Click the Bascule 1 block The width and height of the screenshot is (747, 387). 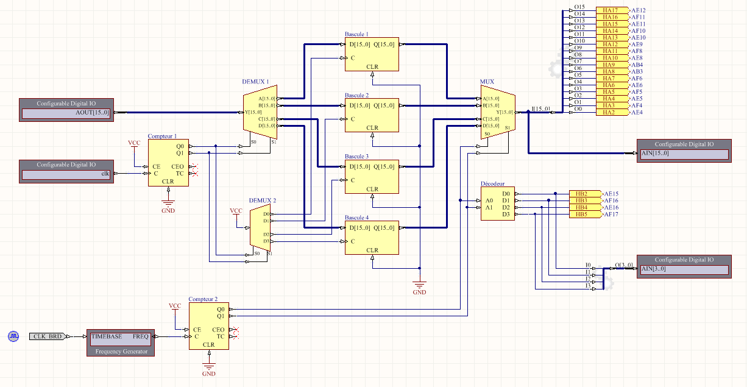(372, 55)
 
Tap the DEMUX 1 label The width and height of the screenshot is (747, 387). (255, 81)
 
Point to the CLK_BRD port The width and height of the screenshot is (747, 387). (47, 336)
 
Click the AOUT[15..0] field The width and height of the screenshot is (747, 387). (67, 113)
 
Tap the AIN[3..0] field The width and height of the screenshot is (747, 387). (684, 269)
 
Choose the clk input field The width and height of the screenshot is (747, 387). (67, 174)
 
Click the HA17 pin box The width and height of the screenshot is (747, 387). (610, 10)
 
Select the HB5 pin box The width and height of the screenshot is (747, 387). (582, 215)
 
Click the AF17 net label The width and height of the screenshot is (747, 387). (611, 215)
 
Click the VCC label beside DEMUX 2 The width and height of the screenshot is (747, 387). (236, 211)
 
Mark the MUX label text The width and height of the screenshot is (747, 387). (487, 81)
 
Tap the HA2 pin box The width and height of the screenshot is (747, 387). (610, 113)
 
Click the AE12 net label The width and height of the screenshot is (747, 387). (638, 10)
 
